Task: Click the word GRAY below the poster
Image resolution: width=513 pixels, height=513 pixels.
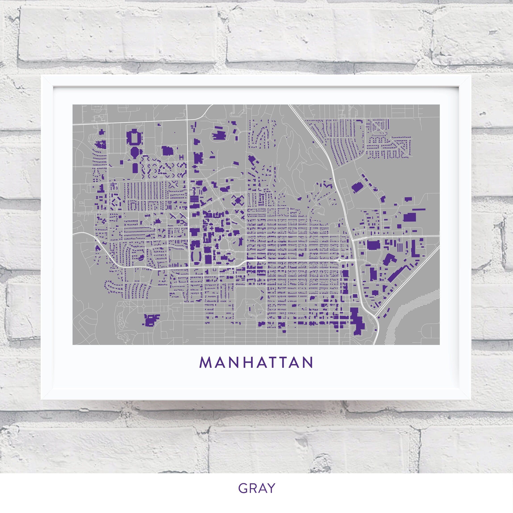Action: [256, 488]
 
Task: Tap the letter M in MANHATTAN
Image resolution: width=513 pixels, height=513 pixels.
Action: [205, 363]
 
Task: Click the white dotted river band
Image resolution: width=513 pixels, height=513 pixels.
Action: [406, 313]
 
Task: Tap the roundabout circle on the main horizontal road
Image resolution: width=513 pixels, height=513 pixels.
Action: [339, 261]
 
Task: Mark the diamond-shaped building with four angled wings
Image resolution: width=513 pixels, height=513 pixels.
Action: [238, 200]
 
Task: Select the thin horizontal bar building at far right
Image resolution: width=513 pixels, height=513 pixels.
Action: [419, 209]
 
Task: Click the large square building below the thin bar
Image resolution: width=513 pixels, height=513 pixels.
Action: [409, 217]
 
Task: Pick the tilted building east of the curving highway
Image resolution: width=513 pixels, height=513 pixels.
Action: [357, 188]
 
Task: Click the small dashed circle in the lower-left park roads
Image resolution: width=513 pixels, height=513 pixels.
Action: [143, 306]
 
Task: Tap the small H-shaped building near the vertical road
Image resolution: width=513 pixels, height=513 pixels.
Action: [182, 157]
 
